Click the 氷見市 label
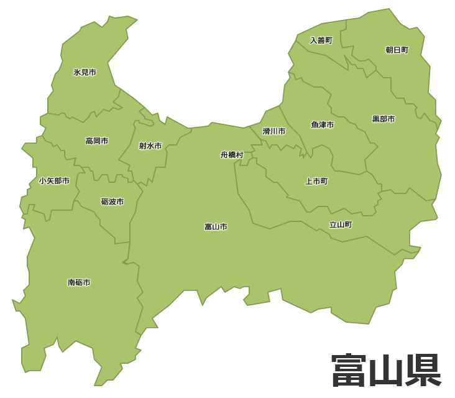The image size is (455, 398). (85, 72)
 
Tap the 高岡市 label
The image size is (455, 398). (96, 141)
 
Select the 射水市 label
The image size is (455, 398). (150, 146)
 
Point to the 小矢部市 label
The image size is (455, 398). (54, 181)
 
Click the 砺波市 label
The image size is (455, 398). (112, 202)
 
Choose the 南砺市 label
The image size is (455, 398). (79, 282)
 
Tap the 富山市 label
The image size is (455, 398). (216, 227)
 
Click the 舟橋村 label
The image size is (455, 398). (232, 155)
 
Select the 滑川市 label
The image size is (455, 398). (273, 131)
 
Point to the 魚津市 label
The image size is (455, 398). (322, 125)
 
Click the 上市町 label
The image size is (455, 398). (316, 182)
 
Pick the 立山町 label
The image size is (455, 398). (341, 224)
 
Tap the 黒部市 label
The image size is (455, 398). (383, 119)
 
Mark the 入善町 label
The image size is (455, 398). (321, 40)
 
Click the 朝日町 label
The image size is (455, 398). (397, 50)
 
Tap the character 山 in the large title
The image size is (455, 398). (386, 371)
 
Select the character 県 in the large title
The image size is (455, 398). (423, 371)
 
